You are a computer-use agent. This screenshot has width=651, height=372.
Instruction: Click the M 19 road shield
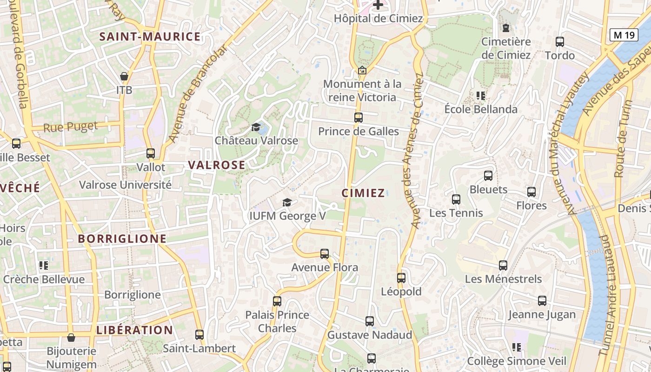click(x=624, y=34)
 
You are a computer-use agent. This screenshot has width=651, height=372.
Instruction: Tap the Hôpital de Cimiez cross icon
click(x=379, y=5)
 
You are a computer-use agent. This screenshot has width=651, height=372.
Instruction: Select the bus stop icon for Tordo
click(x=560, y=41)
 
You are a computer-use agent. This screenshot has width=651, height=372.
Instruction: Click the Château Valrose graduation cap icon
click(x=256, y=127)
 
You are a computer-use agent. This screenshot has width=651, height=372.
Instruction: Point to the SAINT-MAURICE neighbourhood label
click(x=150, y=37)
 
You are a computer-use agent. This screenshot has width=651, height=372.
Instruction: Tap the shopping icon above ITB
click(x=124, y=76)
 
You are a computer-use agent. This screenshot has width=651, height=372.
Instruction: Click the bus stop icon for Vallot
click(x=151, y=153)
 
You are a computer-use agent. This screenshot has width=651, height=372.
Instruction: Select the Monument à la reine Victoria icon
click(x=362, y=70)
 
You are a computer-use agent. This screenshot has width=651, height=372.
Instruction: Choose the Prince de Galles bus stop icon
click(x=358, y=117)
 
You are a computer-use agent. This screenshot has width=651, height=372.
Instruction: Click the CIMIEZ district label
click(x=363, y=193)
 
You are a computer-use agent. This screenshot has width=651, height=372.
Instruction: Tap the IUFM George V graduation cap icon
click(x=287, y=202)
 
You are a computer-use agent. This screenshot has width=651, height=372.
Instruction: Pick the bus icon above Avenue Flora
click(x=325, y=253)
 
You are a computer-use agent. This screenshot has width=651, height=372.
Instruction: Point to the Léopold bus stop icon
click(x=401, y=278)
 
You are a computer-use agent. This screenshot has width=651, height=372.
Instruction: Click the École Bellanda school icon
click(x=480, y=96)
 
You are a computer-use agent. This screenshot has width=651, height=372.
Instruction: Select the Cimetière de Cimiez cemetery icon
click(x=506, y=27)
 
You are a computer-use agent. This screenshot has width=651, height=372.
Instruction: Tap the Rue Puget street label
click(x=71, y=126)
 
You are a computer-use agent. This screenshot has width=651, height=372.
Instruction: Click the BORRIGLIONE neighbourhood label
click(x=122, y=239)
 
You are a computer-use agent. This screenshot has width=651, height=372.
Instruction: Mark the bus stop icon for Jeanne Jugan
click(x=542, y=300)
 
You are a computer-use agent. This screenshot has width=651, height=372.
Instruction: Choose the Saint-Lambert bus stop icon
click(x=199, y=334)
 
